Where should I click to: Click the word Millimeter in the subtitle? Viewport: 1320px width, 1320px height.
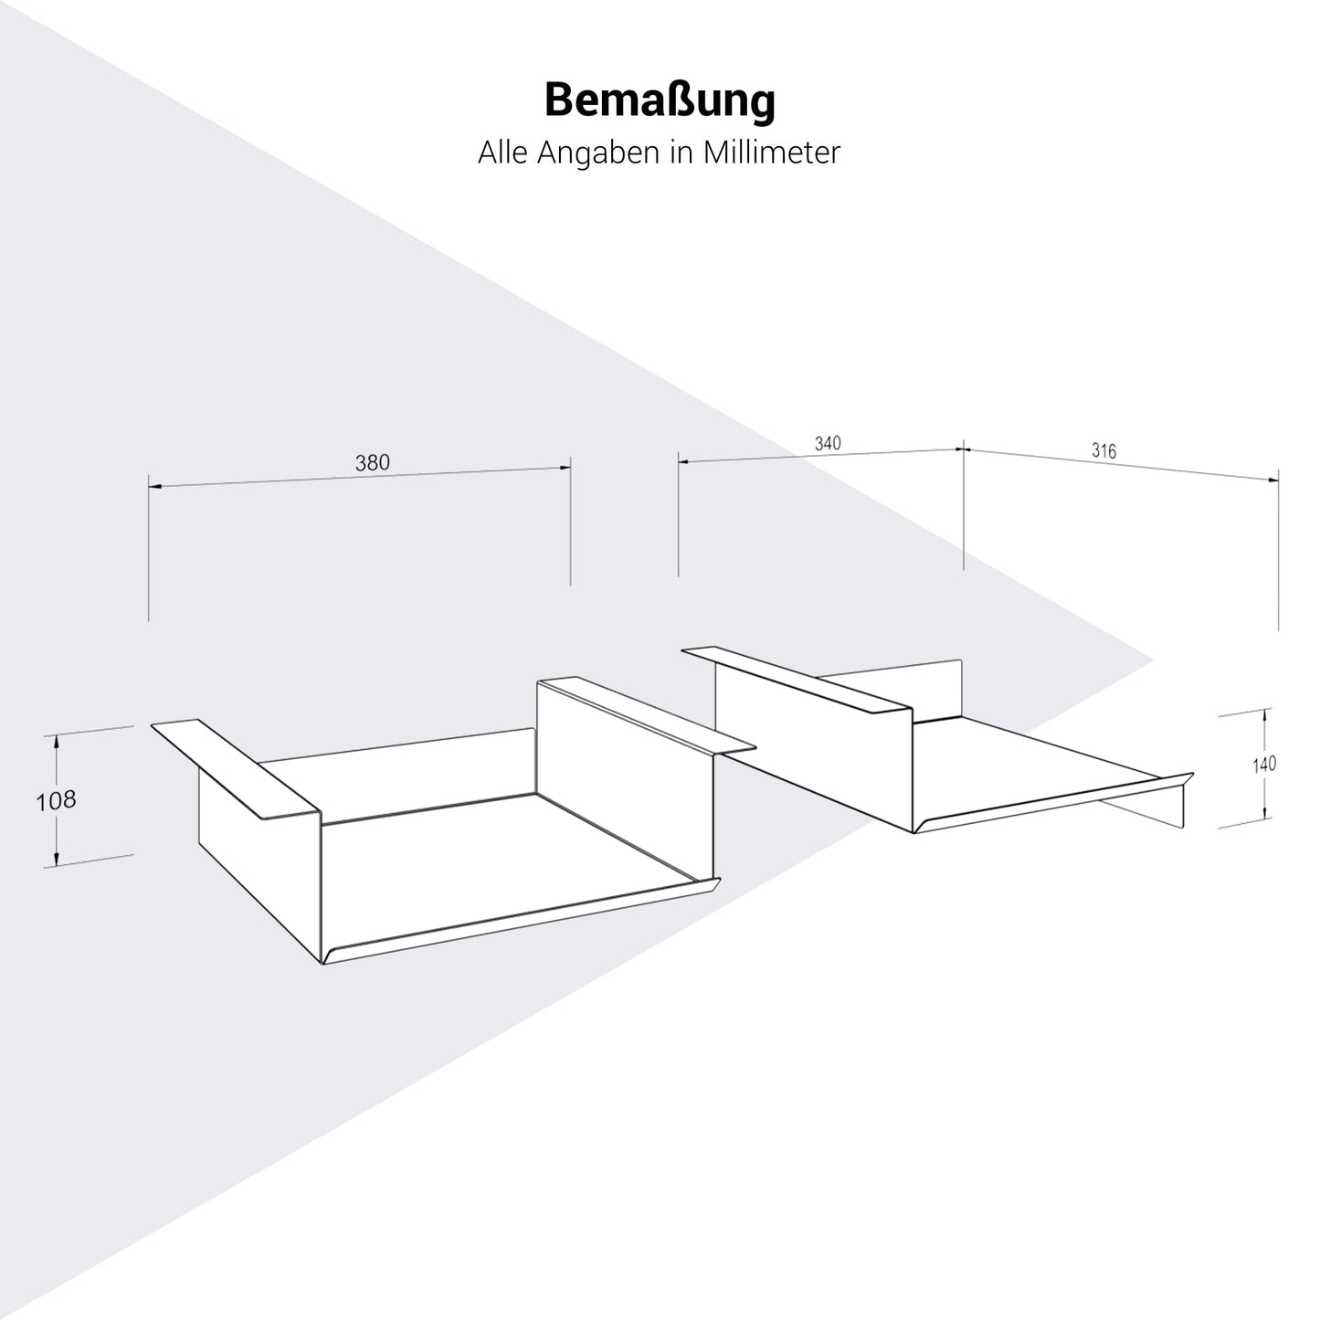pyautogui.click(x=771, y=152)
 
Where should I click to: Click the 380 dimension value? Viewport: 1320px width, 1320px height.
pyautogui.click(x=372, y=463)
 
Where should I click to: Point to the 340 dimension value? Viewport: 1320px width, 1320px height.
pyautogui.click(x=828, y=443)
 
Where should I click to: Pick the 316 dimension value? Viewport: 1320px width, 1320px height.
pyautogui.click(x=1104, y=450)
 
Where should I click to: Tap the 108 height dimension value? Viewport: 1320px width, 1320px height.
pyautogui.click(x=56, y=800)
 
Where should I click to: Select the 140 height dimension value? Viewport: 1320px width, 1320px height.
pyautogui.click(x=1264, y=764)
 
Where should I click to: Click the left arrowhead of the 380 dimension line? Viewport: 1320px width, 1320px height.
pyautogui.click(x=154, y=486)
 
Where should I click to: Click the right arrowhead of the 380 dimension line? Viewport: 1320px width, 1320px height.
pyautogui.click(x=565, y=468)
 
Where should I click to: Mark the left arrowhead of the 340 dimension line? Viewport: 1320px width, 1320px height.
pyautogui.click(x=683, y=461)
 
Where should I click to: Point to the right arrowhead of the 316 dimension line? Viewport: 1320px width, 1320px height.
pyautogui.click(x=1273, y=479)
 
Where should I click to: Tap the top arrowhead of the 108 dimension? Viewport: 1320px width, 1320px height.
pyautogui.click(x=57, y=740)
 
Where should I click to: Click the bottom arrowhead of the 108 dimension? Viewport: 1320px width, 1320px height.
pyautogui.click(x=57, y=859)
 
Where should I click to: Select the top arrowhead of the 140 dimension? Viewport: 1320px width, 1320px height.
pyautogui.click(x=1264, y=715)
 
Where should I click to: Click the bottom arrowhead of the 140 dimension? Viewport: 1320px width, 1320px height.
pyautogui.click(x=1264, y=812)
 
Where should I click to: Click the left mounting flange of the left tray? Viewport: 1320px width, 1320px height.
pyautogui.click(x=236, y=768)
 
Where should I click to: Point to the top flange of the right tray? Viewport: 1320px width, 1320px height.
pyautogui.click(x=797, y=679)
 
